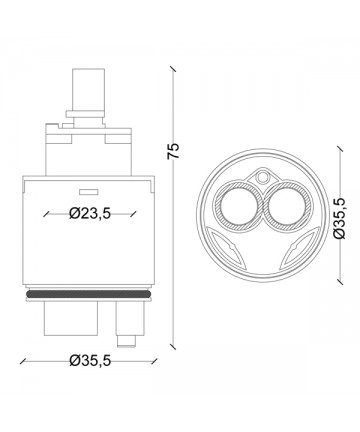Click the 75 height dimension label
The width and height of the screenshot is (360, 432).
click(173, 151)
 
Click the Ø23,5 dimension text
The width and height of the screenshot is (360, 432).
click(90, 213)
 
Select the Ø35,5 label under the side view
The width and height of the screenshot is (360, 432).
click(90, 361)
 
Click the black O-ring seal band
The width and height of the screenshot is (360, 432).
click(89, 294)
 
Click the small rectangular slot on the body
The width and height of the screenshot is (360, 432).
click(88, 192)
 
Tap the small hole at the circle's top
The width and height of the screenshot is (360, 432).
click(263, 177)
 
